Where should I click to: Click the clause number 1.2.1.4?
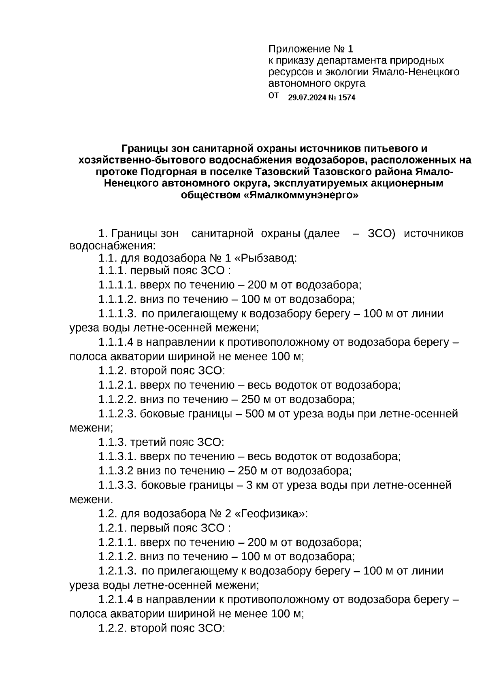click(x=116, y=600)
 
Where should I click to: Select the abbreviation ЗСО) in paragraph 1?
click(x=381, y=234)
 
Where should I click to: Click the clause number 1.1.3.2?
click(x=116, y=471)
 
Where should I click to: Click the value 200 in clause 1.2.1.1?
click(x=256, y=542)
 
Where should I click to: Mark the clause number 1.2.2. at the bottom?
click(x=113, y=628)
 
